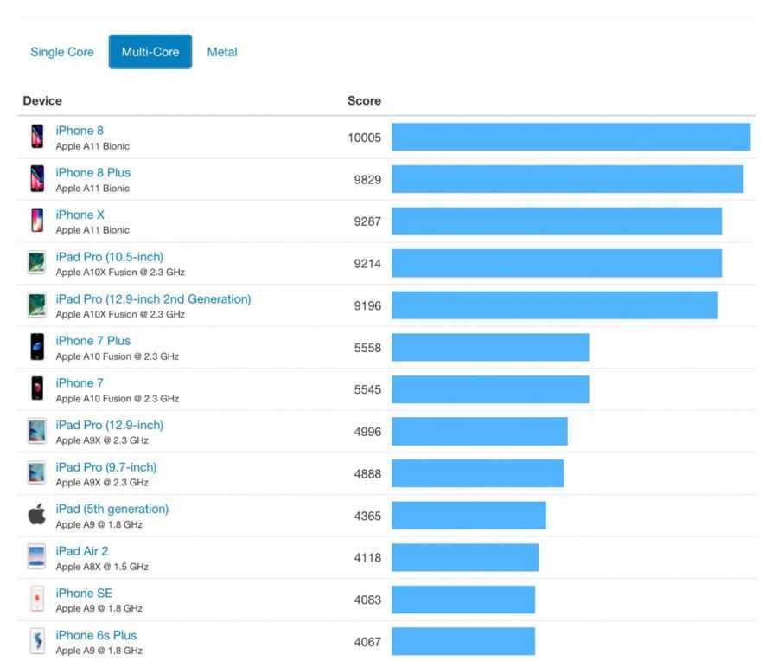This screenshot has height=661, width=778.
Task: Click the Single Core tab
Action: tap(62, 52)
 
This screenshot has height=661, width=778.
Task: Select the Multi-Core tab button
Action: tap(150, 52)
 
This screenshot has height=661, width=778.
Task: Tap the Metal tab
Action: tap(222, 52)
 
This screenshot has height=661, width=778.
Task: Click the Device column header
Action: tap(42, 100)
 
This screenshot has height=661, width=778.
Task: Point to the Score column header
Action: tap(364, 100)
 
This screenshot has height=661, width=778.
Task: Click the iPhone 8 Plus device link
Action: tap(93, 172)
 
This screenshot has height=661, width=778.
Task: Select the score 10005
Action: tap(364, 137)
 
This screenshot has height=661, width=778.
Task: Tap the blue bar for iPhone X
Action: tap(556, 221)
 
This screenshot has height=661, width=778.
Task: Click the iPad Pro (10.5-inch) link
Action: tap(109, 257)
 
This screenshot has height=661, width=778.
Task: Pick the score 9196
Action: tap(367, 305)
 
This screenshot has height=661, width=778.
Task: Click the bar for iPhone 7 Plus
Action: tap(490, 348)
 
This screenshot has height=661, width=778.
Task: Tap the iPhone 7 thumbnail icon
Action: tap(37, 389)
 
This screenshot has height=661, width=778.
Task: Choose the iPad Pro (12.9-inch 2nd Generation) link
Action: tap(153, 298)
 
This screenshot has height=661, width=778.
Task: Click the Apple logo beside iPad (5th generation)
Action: tap(37, 516)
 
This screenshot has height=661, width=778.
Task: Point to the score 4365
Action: tap(367, 516)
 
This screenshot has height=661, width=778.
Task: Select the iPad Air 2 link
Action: tap(82, 551)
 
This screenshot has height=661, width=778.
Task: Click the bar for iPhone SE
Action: tap(463, 600)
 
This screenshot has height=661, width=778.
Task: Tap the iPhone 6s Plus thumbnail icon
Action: tap(37, 641)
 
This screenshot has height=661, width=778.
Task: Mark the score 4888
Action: tap(367, 474)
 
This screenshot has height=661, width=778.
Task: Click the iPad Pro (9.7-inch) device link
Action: tap(106, 467)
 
